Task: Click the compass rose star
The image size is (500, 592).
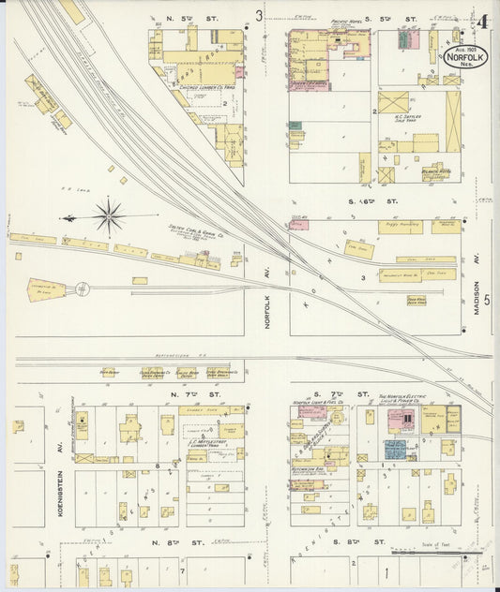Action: click(x=111, y=217)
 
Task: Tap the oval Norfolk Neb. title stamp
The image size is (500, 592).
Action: click(x=467, y=58)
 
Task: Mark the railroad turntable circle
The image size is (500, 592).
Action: click(x=83, y=288)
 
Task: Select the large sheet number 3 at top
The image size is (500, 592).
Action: click(x=259, y=14)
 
